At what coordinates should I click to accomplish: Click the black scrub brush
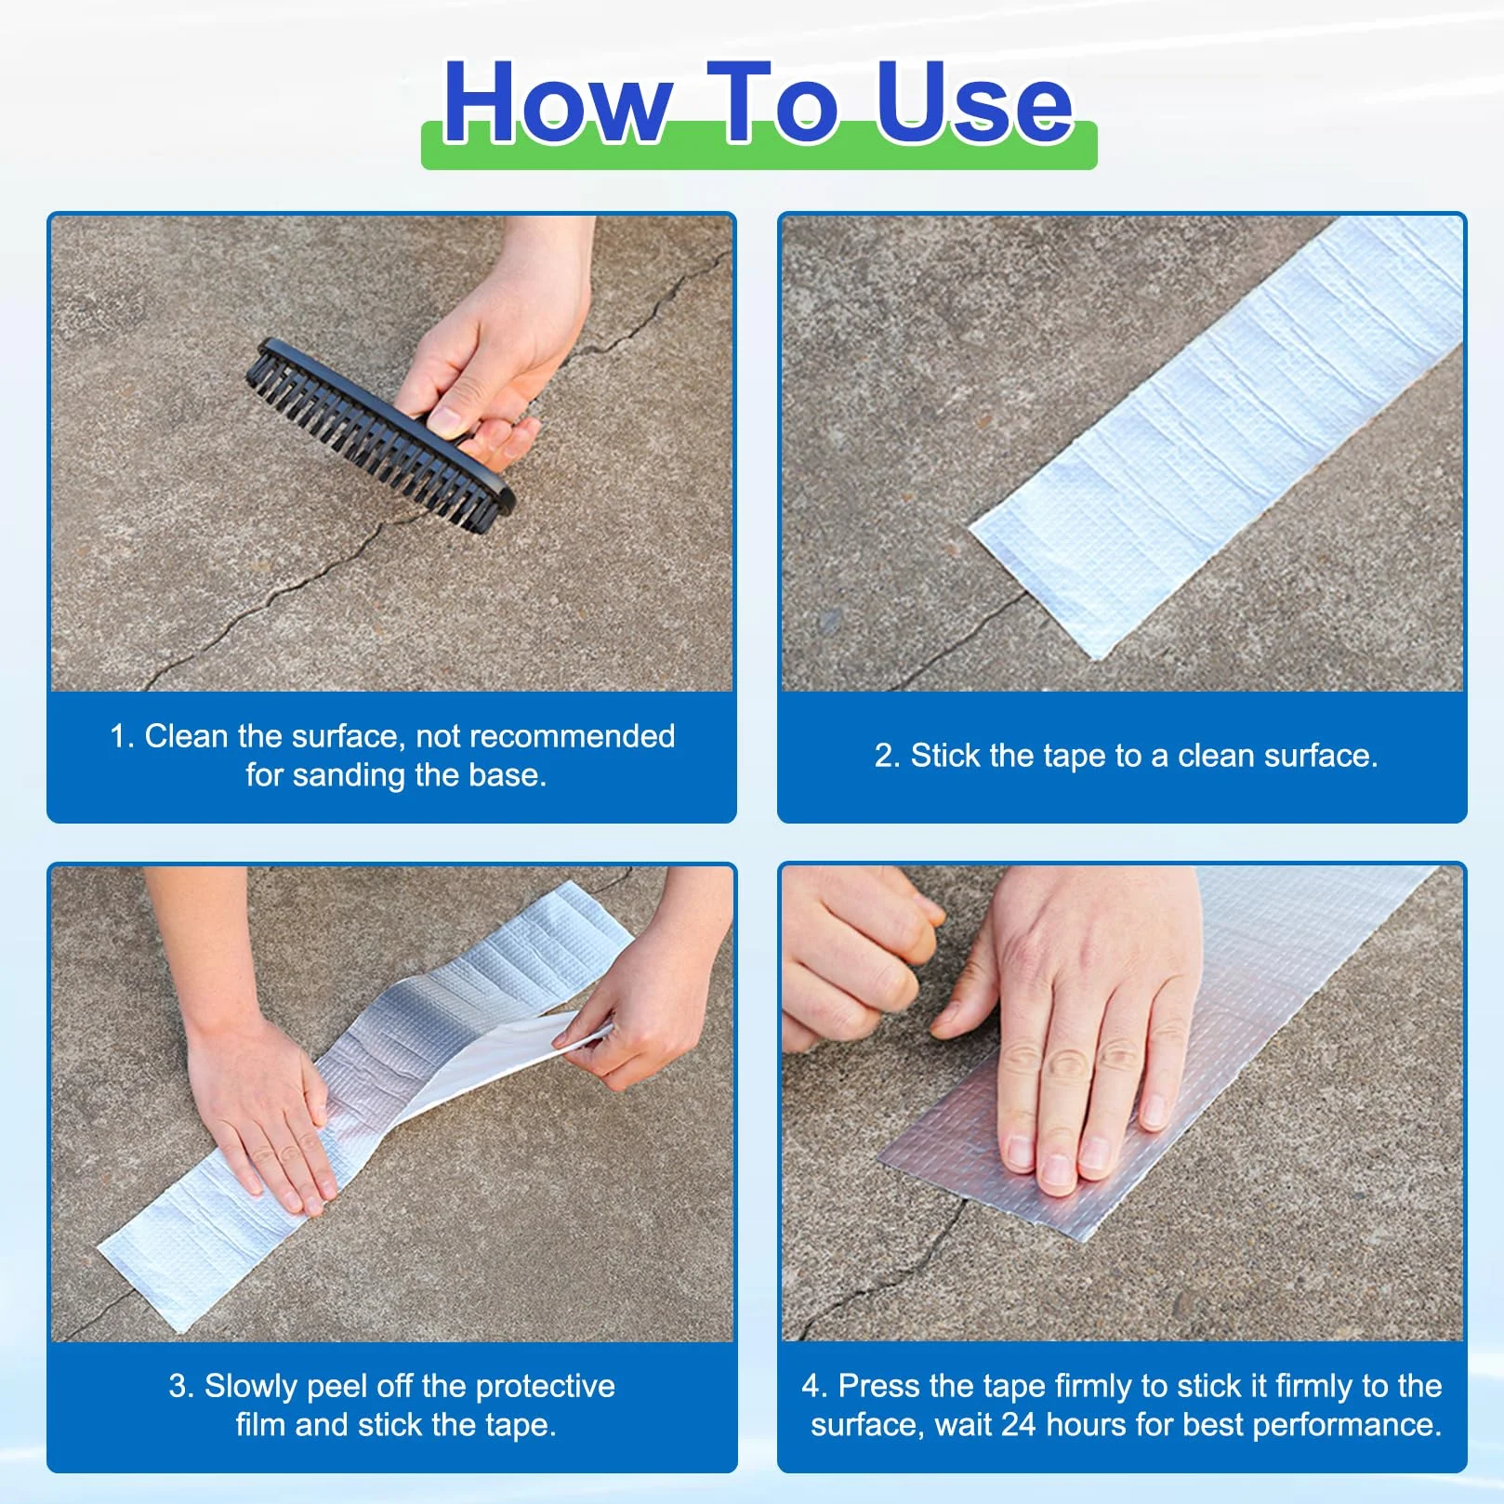[379, 435]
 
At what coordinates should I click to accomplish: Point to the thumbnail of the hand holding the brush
[445, 422]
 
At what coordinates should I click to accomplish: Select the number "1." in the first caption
[123, 736]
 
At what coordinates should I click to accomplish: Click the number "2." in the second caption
[888, 756]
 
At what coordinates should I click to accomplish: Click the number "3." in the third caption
[181, 1386]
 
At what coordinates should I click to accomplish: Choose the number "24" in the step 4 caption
[1018, 1425]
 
